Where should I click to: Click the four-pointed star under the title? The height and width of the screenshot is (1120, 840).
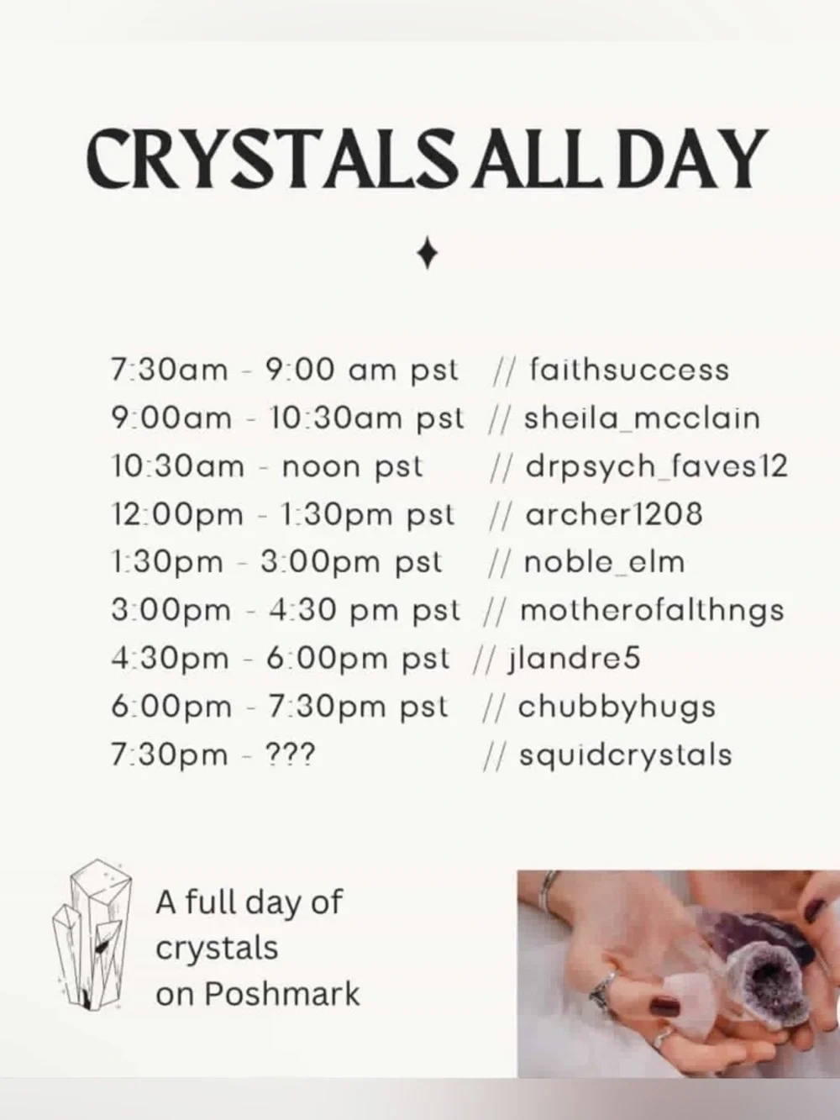pyautogui.click(x=428, y=253)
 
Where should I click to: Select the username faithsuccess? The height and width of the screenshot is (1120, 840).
pyautogui.click(x=629, y=370)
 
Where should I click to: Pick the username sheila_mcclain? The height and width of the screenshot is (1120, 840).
pyautogui.click(x=642, y=418)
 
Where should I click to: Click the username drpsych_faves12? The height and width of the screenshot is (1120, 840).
pyautogui.click(x=656, y=465)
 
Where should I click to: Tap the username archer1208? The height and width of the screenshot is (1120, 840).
pyautogui.click(x=613, y=513)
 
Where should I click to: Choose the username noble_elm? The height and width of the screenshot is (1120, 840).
pyautogui.click(x=604, y=561)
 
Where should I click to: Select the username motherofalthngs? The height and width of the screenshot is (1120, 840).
pyautogui.click(x=652, y=610)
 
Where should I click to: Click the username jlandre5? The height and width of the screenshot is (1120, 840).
pyautogui.click(x=575, y=658)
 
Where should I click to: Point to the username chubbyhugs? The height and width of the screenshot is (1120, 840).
pyautogui.click(x=617, y=707)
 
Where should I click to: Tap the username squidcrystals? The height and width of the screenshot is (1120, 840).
pyautogui.click(x=625, y=755)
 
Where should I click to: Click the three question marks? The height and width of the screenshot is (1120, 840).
pyautogui.click(x=289, y=755)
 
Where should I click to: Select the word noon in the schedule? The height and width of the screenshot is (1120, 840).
pyautogui.click(x=319, y=466)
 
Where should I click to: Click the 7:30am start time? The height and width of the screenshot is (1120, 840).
pyautogui.click(x=169, y=370)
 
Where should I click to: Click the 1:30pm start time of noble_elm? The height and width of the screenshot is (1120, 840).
pyautogui.click(x=166, y=562)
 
